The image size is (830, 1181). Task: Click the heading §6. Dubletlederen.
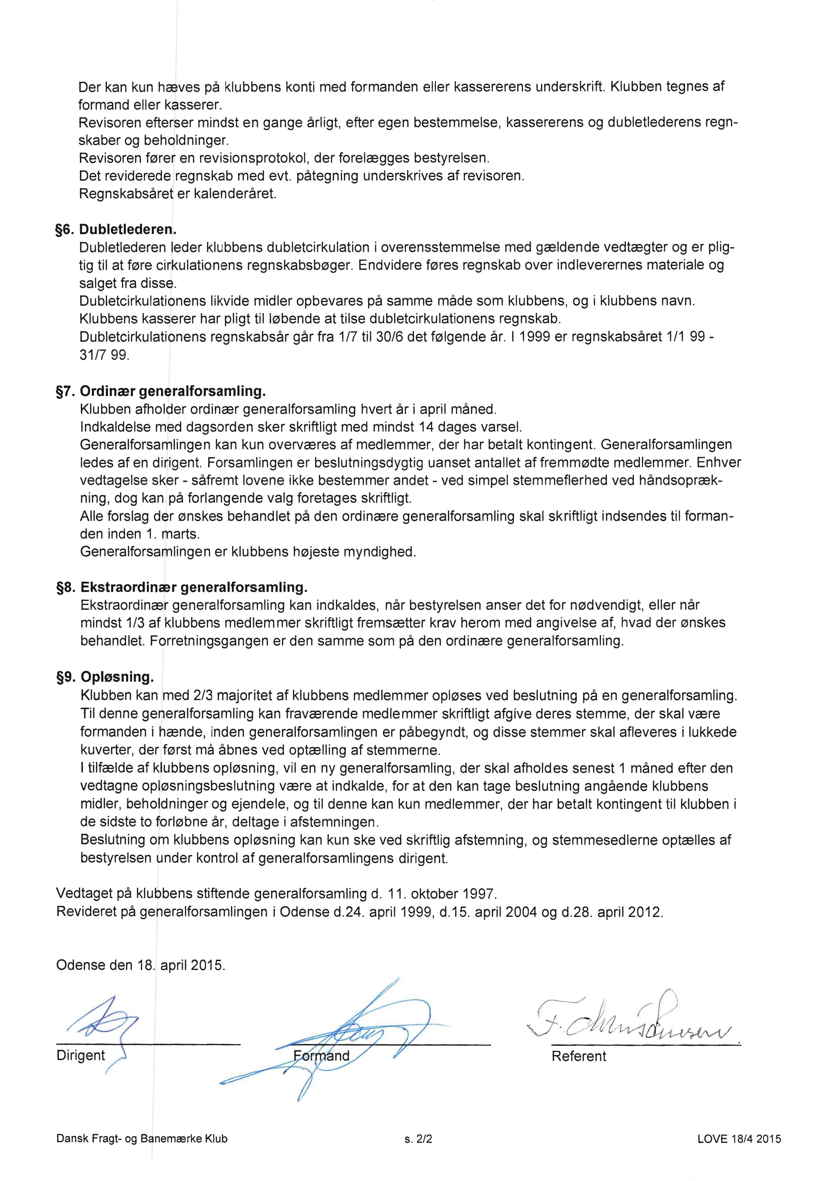[116, 229]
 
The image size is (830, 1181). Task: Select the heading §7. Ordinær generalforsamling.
[161, 391]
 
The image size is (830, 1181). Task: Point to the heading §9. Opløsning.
[105, 677]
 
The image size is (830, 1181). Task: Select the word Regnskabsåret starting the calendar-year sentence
[125, 194]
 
